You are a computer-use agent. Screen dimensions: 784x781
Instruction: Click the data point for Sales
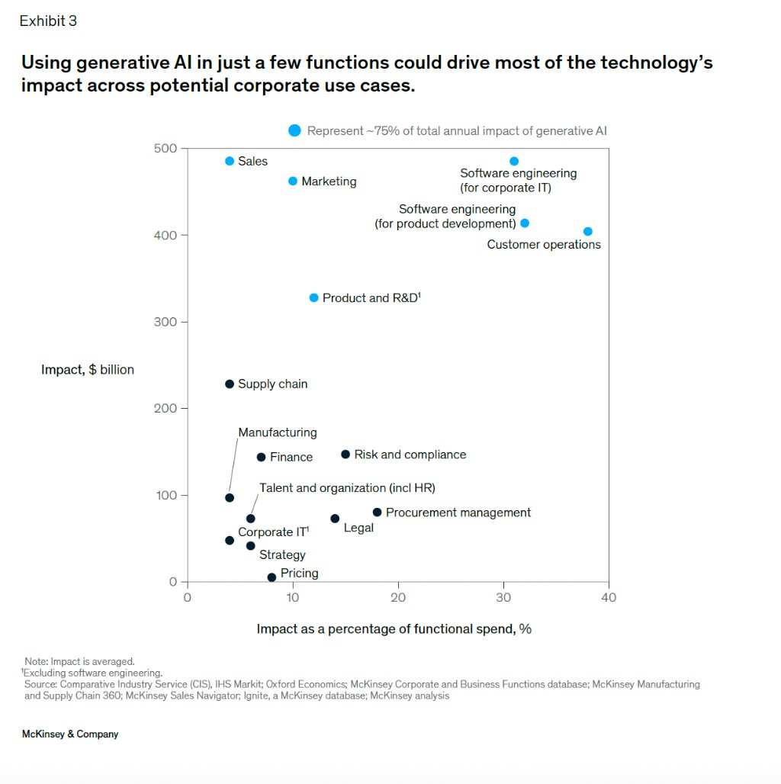(230, 161)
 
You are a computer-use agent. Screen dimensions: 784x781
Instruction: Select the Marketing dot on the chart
(293, 181)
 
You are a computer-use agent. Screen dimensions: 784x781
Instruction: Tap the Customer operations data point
(587, 231)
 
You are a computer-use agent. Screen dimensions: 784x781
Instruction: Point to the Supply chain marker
(230, 384)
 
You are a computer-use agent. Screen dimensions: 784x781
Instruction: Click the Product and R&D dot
(313, 297)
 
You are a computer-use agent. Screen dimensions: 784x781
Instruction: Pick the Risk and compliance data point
(346, 454)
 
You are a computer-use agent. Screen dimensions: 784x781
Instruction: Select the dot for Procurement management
(377, 512)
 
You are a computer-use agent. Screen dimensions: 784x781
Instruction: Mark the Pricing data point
(272, 577)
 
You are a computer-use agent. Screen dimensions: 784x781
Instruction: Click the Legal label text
(358, 528)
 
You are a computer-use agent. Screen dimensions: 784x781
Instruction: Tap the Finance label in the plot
(291, 457)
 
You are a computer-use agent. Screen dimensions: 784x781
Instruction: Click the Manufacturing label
(278, 432)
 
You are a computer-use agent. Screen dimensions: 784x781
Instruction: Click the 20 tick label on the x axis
(397, 598)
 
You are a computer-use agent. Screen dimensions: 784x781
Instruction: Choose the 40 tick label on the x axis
(608, 598)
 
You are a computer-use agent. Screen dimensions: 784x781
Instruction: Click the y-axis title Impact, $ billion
(88, 370)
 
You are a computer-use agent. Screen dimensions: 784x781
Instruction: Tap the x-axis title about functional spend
(394, 629)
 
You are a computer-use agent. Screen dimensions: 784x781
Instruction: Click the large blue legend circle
(295, 131)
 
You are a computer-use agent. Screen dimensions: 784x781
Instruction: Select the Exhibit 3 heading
(48, 21)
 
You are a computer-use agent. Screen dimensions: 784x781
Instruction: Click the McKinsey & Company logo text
(71, 734)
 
